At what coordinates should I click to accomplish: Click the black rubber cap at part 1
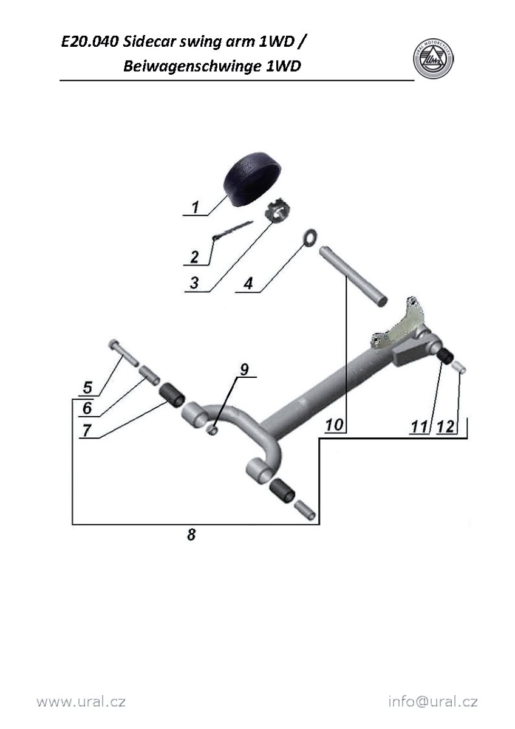click(252, 179)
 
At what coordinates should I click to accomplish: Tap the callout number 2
click(194, 257)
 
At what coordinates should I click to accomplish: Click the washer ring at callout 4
click(311, 238)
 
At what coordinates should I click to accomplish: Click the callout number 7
click(86, 431)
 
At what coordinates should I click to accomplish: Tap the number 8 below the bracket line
click(191, 535)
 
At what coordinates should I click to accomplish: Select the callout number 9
click(244, 369)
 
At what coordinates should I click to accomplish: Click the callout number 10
click(334, 425)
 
